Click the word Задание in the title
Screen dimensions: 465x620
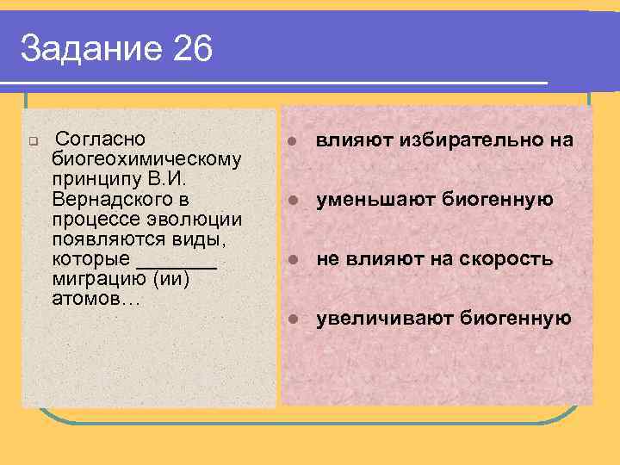(90, 49)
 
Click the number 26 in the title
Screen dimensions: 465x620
(191, 49)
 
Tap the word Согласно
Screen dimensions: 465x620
(99, 139)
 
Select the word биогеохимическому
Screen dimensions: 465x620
(146, 159)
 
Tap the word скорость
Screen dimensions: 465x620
(508, 259)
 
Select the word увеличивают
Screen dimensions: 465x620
(384, 319)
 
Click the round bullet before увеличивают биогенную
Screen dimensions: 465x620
(293, 319)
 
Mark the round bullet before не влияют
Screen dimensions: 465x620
(293, 259)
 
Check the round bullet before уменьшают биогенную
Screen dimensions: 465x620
(293, 200)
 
